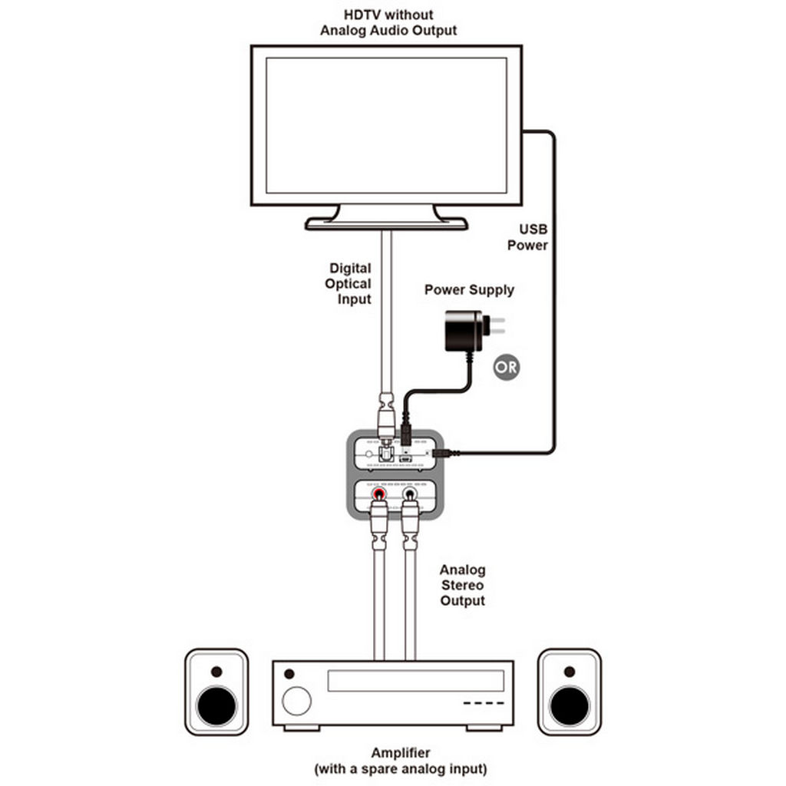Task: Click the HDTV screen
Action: click(386, 125)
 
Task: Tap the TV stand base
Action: click(386, 223)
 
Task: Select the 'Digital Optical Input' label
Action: click(350, 283)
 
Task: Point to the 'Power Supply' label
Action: click(469, 290)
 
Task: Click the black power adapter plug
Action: click(464, 331)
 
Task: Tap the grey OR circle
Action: click(505, 367)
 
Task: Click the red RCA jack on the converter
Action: click(379, 497)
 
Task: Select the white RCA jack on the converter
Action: click(409, 497)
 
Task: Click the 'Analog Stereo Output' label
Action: click(462, 585)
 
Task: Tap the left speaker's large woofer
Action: click(216, 706)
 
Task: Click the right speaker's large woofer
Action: click(570, 706)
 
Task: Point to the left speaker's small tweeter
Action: click(216, 672)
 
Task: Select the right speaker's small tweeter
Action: click(570, 672)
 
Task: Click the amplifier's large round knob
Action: click(297, 701)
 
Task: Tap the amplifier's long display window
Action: click(415, 680)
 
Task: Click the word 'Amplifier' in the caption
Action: click(400, 753)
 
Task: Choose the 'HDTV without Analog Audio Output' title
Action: click(388, 22)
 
